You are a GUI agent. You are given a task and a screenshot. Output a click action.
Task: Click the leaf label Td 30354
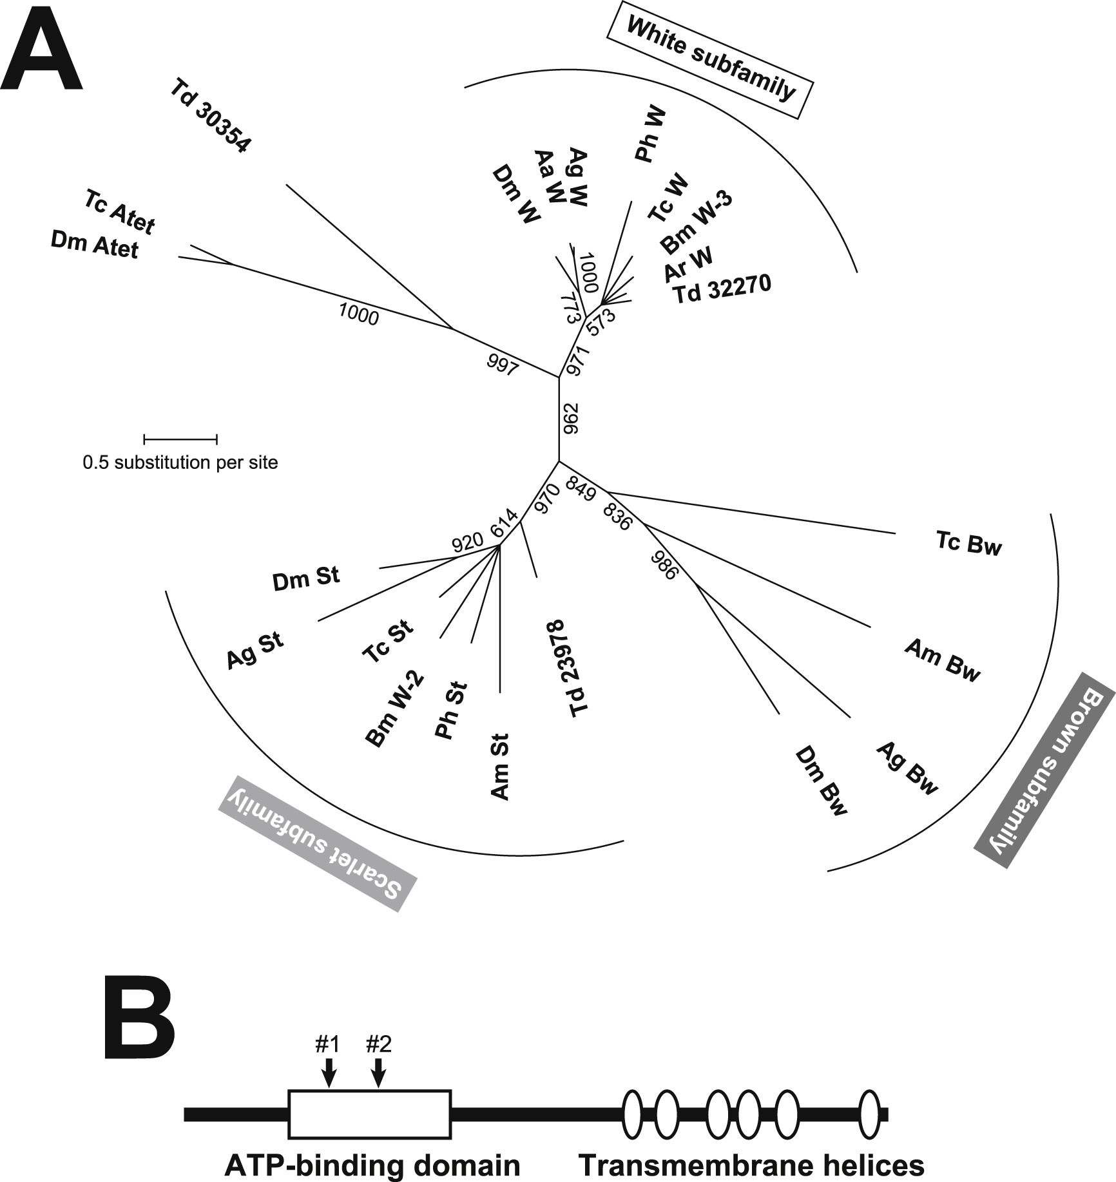pyautogui.click(x=209, y=115)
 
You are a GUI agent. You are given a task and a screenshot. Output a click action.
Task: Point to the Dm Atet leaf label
pyautogui.click(x=94, y=245)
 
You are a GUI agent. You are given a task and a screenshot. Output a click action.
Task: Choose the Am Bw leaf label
pyautogui.click(x=942, y=660)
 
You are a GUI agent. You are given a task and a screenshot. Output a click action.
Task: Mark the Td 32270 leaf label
pyautogui.click(x=722, y=289)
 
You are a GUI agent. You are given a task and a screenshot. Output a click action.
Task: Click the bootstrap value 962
pyautogui.click(x=571, y=419)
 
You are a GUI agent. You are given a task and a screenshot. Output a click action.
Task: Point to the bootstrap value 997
pyautogui.click(x=502, y=367)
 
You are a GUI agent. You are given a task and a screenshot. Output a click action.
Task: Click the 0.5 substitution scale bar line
pyautogui.click(x=180, y=439)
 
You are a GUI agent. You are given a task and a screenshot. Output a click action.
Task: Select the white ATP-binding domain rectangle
pyautogui.click(x=369, y=1114)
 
